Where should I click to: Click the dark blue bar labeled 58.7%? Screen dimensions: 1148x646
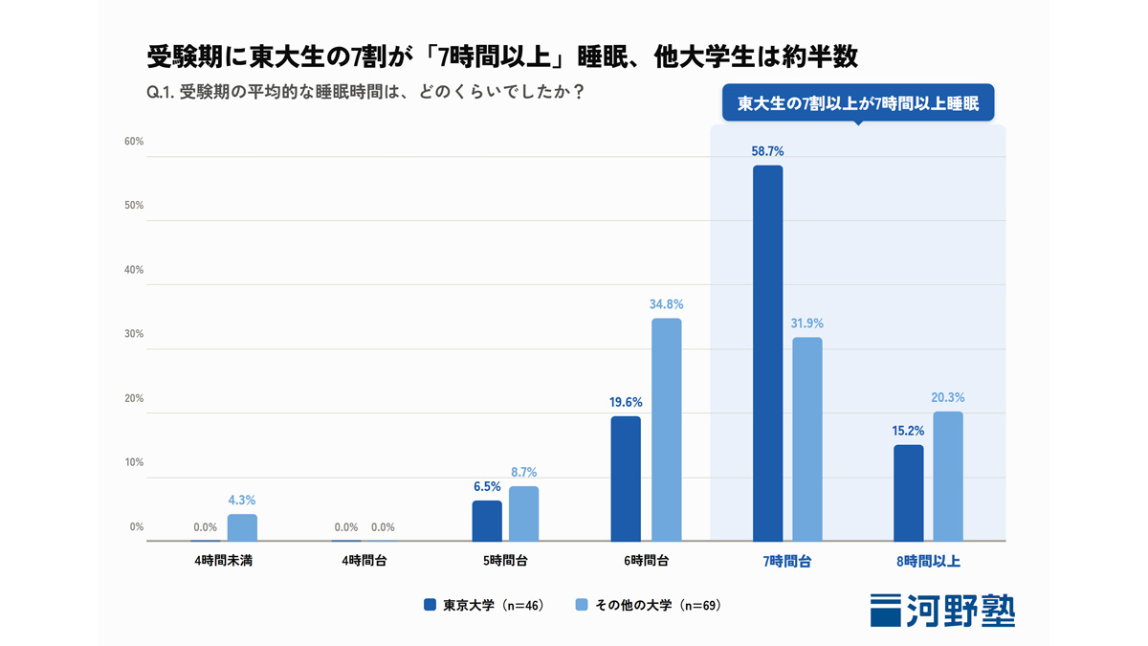[x=767, y=353]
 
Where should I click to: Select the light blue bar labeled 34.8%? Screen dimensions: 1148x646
[x=666, y=430]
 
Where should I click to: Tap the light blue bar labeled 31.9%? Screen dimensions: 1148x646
[x=807, y=439]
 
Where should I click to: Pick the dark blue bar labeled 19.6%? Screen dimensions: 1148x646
[x=626, y=479]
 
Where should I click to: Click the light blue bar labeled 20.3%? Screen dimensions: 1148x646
[x=948, y=477]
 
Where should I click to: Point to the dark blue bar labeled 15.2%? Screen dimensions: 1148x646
[x=909, y=493]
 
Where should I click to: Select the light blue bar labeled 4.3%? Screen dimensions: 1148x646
[x=242, y=527]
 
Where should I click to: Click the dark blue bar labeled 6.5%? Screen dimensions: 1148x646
[x=487, y=521]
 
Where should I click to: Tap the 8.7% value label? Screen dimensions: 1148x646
[x=524, y=472]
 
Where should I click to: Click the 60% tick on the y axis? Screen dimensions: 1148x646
[x=134, y=142]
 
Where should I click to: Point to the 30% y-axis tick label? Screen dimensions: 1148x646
[x=134, y=334]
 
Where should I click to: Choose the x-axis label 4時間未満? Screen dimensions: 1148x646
[x=224, y=561]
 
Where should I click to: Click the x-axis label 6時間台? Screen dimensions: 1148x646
[x=647, y=561]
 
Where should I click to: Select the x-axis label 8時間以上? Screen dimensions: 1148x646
[x=928, y=562]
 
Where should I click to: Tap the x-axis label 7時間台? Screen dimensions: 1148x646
[x=787, y=562]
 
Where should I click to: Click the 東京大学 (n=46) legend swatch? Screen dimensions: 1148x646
[x=430, y=605]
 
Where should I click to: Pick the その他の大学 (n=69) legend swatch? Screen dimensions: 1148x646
[x=582, y=605]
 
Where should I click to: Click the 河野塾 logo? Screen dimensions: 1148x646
[x=942, y=611]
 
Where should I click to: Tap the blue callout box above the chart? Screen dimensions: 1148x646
[x=858, y=102]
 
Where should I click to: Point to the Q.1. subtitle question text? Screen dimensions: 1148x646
[x=365, y=92]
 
